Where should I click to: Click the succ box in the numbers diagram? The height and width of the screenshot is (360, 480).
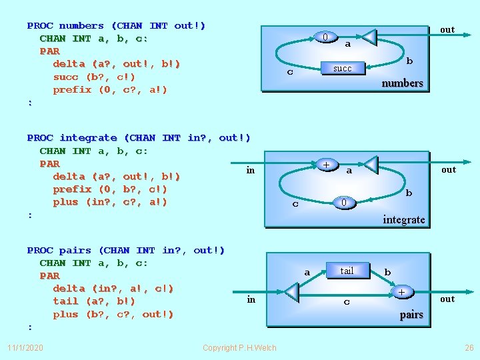[x=342, y=68]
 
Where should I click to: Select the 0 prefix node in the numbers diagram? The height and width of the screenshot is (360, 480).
[x=325, y=37]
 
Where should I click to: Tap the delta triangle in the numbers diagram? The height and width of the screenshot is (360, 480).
[x=369, y=37]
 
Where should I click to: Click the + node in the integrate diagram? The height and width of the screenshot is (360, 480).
[x=326, y=164]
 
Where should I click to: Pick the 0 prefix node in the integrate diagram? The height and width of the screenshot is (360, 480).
[x=343, y=202]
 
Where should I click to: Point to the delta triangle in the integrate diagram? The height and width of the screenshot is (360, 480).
[x=370, y=164]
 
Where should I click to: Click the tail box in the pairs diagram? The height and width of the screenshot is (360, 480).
[x=347, y=270]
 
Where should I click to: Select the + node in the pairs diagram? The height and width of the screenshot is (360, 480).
[x=401, y=292]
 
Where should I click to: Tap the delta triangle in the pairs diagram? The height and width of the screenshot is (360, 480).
[x=291, y=292]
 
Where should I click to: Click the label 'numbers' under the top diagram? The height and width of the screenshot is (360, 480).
[x=402, y=83]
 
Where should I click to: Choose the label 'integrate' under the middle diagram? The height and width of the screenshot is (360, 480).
[x=403, y=219]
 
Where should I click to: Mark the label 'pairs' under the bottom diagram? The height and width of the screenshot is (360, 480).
[x=411, y=315]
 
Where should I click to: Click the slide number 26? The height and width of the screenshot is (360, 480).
[x=468, y=348]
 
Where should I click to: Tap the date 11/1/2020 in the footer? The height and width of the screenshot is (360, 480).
[x=25, y=348]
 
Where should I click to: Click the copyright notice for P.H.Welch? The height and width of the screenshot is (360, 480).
[x=239, y=348]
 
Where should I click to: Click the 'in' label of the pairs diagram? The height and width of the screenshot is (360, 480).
[x=251, y=299]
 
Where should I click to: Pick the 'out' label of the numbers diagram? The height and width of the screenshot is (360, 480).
[x=447, y=29]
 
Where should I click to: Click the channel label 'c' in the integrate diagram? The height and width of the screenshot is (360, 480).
[x=295, y=204]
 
